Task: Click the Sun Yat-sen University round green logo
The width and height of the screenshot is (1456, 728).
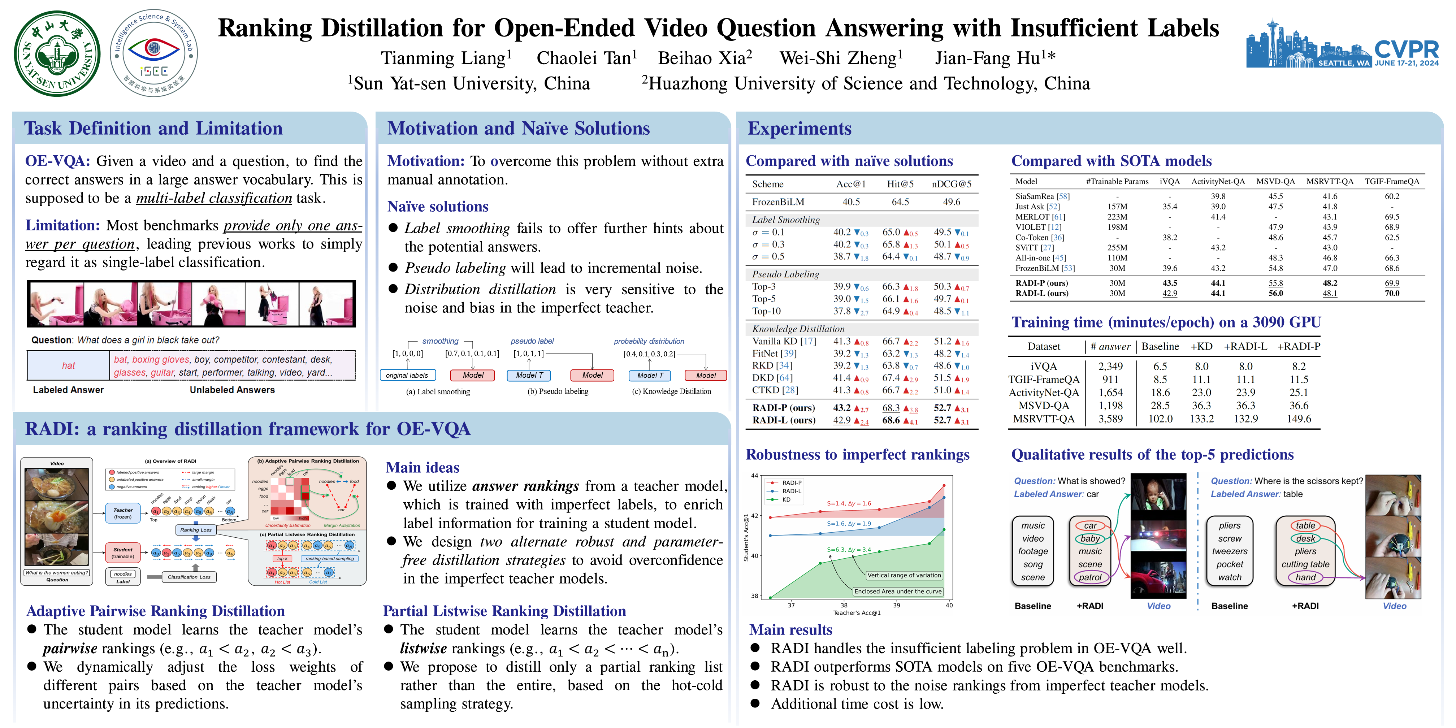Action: pyautogui.click(x=57, y=54)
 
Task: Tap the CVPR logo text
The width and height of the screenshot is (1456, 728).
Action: pyautogui.click(x=1406, y=50)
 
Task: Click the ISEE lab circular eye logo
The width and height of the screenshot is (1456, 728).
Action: pyautogui.click(x=154, y=53)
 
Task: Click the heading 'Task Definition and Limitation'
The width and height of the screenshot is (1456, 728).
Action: pyautogui.click(x=153, y=128)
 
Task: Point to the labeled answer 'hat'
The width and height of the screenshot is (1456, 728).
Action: pyautogui.click(x=68, y=366)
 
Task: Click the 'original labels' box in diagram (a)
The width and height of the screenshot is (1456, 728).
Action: pyautogui.click(x=407, y=375)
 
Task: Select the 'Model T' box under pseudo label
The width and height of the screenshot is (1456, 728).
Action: pyautogui.click(x=529, y=375)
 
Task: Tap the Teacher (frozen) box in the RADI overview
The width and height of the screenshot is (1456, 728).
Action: pyautogui.click(x=123, y=513)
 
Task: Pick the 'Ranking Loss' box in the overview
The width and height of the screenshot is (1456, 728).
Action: pyautogui.click(x=196, y=530)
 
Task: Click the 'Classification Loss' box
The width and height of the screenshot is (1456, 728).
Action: pyautogui.click(x=189, y=577)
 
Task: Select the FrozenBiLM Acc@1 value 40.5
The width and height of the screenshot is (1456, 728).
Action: pyautogui.click(x=851, y=202)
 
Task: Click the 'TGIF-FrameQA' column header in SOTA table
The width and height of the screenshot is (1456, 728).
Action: pyautogui.click(x=1392, y=181)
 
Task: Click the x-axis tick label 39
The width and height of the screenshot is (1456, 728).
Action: pyautogui.click(x=896, y=605)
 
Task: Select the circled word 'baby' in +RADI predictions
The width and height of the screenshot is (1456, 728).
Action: pyautogui.click(x=1090, y=539)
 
